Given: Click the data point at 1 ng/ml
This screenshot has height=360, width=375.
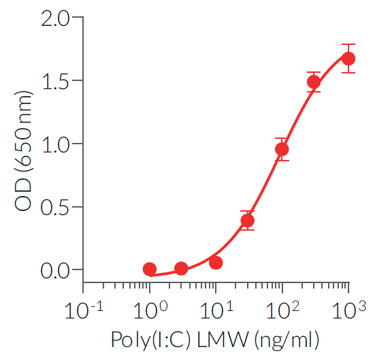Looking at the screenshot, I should pyautogui.click(x=150, y=269).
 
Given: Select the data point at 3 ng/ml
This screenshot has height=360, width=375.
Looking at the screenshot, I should pyautogui.click(x=181, y=269).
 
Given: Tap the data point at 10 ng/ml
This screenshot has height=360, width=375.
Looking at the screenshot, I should pyautogui.click(x=216, y=262).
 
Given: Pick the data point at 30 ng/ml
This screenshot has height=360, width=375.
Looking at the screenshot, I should pyautogui.click(x=248, y=220).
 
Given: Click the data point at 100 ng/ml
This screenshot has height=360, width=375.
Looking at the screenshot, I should pyautogui.click(x=282, y=149).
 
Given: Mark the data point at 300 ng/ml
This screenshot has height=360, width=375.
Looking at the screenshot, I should pyautogui.click(x=314, y=82).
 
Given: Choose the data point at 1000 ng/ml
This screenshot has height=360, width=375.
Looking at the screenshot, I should pyautogui.click(x=348, y=59).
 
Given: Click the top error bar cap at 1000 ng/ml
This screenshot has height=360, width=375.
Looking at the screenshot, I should pyautogui.click(x=348, y=44).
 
